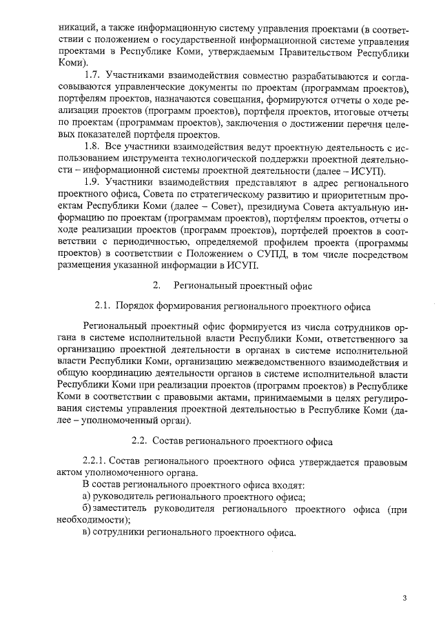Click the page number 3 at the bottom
coord(405,598)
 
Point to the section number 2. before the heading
coord(157,285)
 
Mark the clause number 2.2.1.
coord(96,461)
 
